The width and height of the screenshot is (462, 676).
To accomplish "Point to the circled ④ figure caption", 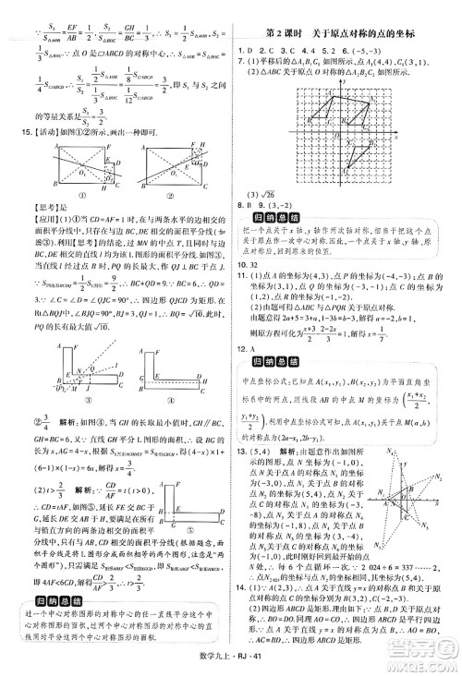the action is (x=174, y=389).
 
